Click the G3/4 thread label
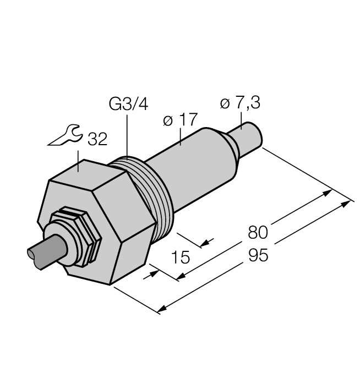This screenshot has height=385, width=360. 128,105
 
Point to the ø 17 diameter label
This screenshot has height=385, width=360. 180,121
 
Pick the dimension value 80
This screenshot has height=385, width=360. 258,232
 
